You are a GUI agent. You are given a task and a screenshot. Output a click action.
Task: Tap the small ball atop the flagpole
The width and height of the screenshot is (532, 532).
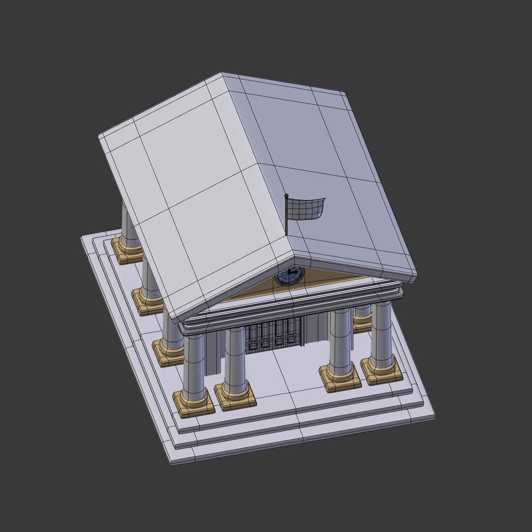pyautogui.click(x=286, y=197)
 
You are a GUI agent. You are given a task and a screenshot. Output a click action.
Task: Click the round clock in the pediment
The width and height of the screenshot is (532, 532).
pyautogui.click(x=289, y=277)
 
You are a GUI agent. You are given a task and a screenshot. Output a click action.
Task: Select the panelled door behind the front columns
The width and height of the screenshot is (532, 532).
pyautogui.click(x=273, y=335)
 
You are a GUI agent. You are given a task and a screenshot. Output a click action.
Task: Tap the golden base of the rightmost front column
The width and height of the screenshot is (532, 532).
pyautogui.click(x=382, y=370)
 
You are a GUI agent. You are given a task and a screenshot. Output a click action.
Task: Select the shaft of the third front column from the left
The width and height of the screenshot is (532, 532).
pyautogui.click(x=340, y=340)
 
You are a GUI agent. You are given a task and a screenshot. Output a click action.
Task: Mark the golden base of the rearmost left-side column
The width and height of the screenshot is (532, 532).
pyautogui.click(x=127, y=248)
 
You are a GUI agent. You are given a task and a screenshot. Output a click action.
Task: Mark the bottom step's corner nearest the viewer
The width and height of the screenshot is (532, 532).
pyautogui.click(x=172, y=464)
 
